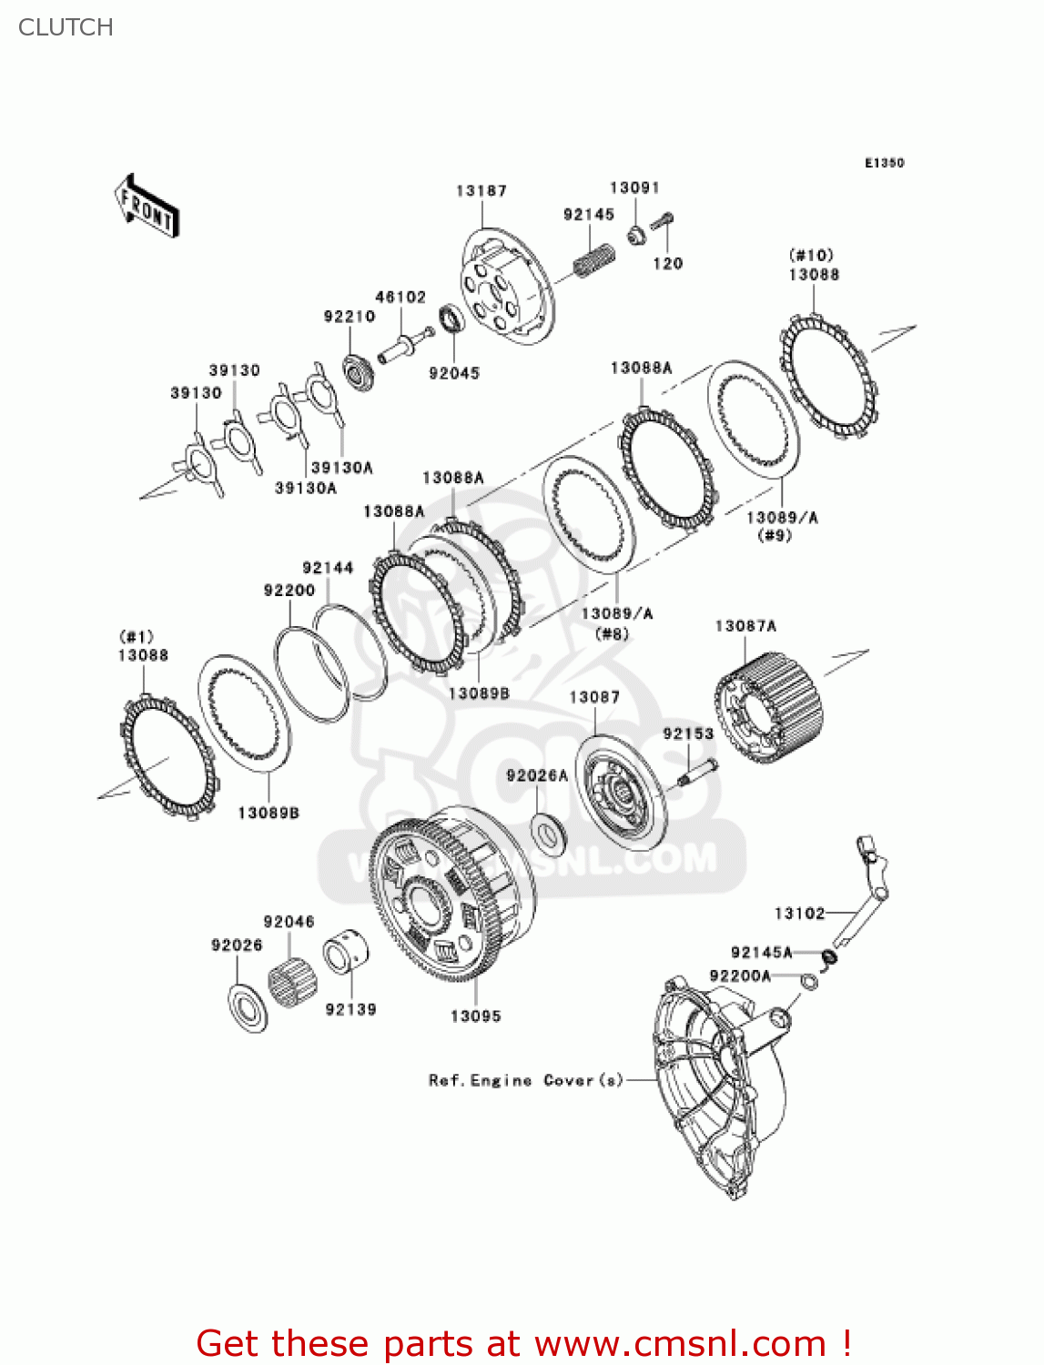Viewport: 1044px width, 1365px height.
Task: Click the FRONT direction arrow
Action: pos(146,207)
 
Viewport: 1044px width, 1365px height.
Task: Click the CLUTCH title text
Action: pos(66,27)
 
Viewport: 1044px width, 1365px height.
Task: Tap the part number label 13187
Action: pos(481,190)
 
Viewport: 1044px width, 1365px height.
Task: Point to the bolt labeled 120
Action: pos(663,224)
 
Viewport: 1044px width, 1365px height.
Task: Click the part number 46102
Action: pos(400,297)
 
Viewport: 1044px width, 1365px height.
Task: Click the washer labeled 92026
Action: pos(248,1008)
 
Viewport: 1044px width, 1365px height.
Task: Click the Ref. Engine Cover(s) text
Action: pos(525,1080)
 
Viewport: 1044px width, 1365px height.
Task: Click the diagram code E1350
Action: pos(884,163)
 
